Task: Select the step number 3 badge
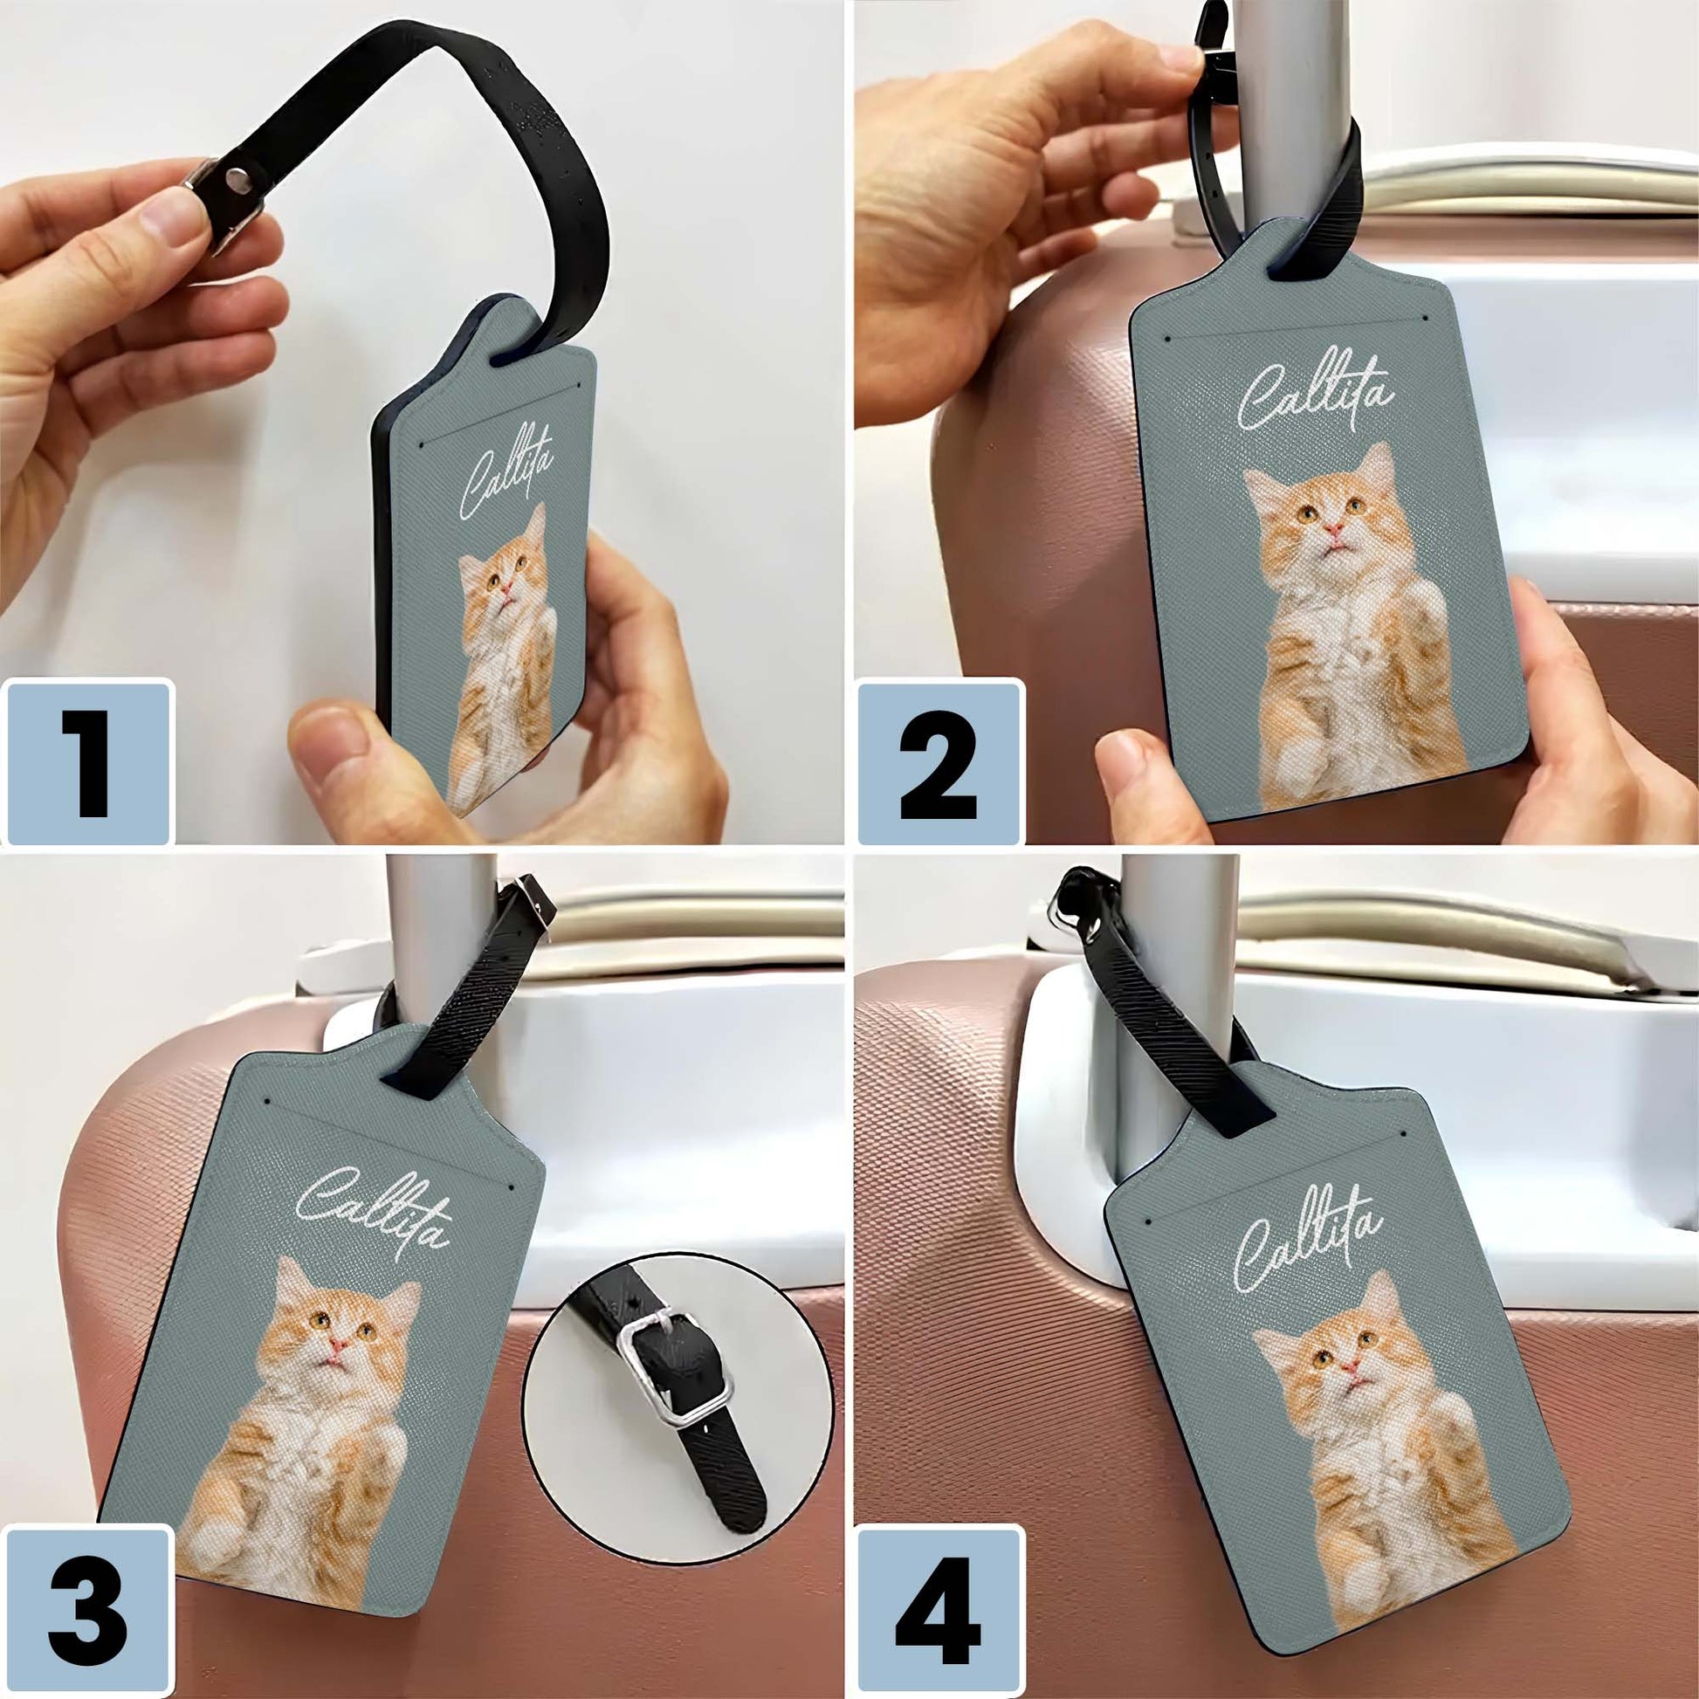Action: coord(88,1614)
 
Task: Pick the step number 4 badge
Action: coord(939,1614)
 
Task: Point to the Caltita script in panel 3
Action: coord(374,1207)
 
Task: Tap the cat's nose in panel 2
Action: coord(1334,528)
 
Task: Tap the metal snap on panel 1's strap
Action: coord(236,179)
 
